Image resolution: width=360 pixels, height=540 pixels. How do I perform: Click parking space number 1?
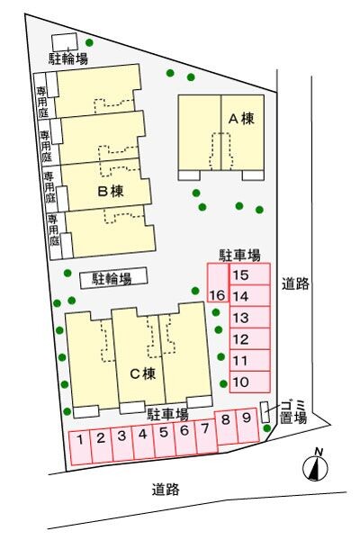81,440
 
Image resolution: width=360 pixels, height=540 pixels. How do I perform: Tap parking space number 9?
246,418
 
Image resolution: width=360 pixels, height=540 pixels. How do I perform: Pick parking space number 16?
217,295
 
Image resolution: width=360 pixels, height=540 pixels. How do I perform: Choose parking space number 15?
240,275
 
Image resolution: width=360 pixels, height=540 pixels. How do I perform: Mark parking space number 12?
240,339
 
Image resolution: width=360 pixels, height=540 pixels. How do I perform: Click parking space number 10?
240,382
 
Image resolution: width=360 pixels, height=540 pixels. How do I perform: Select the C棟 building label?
139,374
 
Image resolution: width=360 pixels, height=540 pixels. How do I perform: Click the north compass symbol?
314,466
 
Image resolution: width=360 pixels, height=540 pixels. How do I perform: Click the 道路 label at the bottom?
166,490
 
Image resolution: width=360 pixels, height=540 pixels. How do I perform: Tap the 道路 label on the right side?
295,283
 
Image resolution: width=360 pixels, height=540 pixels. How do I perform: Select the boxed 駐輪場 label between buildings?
112,279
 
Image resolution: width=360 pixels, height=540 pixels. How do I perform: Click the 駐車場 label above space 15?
240,255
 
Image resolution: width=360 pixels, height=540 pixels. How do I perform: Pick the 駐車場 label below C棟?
167,413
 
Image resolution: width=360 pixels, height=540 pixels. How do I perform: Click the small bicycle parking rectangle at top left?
64,41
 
